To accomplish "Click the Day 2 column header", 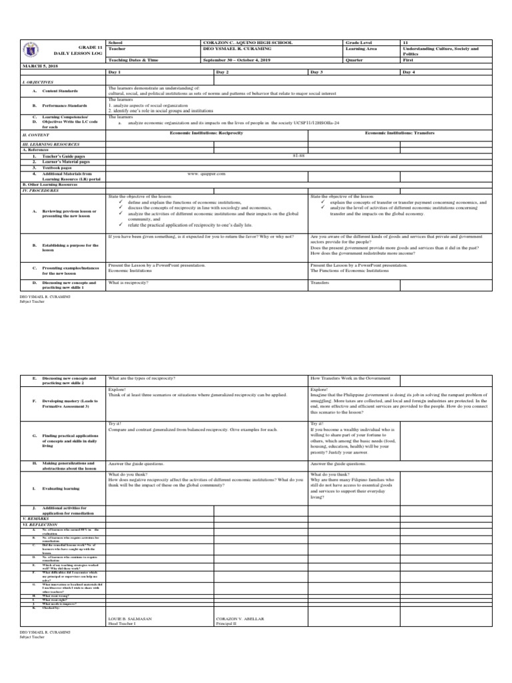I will [223, 71].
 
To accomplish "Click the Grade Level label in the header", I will [359, 42].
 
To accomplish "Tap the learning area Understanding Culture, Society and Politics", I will [440, 51].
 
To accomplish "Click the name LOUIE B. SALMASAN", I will [129, 619].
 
